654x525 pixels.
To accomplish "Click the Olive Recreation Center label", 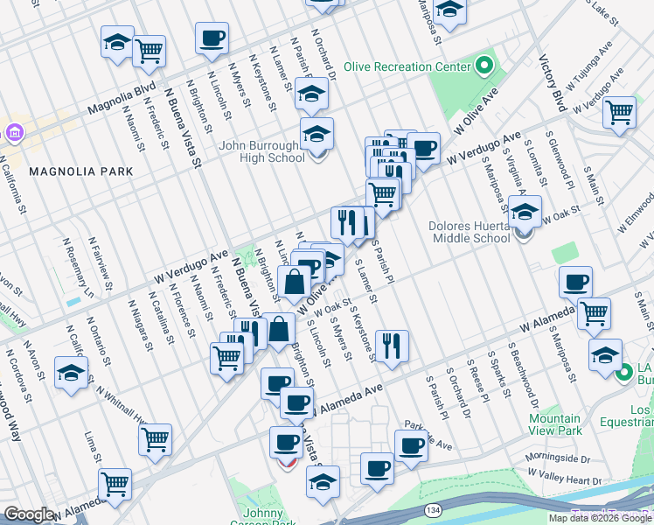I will click(406, 66).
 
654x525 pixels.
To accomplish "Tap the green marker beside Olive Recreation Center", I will click(483, 66).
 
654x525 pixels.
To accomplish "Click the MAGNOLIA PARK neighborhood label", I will click(81, 171).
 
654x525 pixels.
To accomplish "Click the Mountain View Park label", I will click(555, 425).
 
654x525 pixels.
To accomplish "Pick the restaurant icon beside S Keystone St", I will click(392, 344).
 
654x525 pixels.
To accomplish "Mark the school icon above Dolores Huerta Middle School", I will click(525, 212).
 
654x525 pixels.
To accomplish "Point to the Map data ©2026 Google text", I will click(601, 518).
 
